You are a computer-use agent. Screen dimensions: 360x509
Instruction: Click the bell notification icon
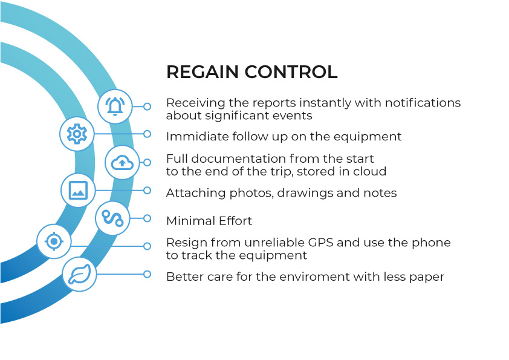(115, 106)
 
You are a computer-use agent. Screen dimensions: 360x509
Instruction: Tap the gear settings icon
(77, 134)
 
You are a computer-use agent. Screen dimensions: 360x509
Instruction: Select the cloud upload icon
(123, 162)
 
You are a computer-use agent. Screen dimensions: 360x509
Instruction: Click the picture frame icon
(79, 190)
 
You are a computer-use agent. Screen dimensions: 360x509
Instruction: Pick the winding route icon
(113, 218)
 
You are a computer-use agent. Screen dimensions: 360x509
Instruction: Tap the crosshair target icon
(54, 241)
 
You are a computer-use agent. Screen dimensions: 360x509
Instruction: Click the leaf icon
(80, 274)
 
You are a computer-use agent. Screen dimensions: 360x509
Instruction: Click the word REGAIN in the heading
(202, 72)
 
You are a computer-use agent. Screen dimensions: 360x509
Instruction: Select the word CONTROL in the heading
(291, 72)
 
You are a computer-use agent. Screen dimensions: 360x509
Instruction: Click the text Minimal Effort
(209, 221)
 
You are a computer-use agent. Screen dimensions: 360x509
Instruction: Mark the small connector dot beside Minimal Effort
(147, 218)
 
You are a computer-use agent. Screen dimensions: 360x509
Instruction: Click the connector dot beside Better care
(147, 274)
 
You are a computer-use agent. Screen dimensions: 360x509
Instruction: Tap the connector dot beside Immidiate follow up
(147, 134)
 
